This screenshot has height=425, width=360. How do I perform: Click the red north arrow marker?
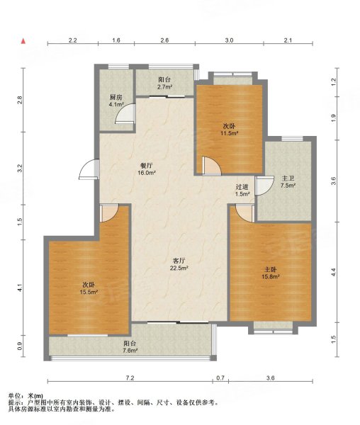coord(23,41)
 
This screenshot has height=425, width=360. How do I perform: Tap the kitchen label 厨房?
coord(116,97)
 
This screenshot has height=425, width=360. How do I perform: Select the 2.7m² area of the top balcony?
coord(165,87)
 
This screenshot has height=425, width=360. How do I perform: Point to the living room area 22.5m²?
coord(179,268)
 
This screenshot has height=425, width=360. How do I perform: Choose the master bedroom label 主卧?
coord(270,270)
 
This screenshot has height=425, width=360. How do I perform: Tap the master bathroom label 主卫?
coord(288,178)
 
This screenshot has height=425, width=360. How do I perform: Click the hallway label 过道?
coord(242,187)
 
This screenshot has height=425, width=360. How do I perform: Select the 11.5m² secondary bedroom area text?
coord(229,133)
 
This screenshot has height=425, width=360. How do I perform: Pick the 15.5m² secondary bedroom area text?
coord(89,292)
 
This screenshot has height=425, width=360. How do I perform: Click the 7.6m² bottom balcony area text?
coord(130,351)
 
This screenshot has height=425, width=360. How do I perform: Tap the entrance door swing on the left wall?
coord(89,170)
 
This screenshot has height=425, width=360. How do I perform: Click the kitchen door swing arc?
coord(125,114)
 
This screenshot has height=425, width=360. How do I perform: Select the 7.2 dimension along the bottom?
coord(130,378)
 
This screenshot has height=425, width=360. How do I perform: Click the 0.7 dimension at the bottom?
coord(220,378)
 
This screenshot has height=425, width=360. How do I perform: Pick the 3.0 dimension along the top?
coord(229,40)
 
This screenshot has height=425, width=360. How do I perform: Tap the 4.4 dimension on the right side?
coord(334,272)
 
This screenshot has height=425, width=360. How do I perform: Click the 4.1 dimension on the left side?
coord(20,288)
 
